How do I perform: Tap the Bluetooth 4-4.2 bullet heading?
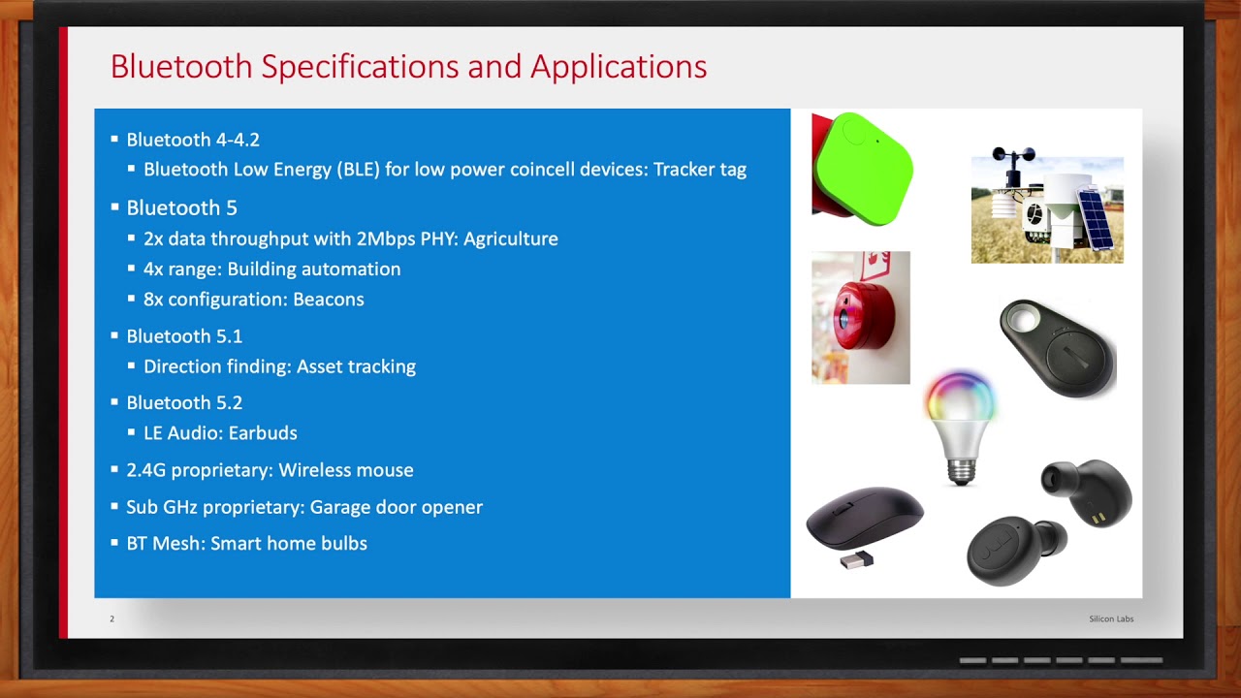click(x=193, y=140)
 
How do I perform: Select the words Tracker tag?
click(x=699, y=170)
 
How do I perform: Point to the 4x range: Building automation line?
click(x=271, y=269)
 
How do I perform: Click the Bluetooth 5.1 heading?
click(x=184, y=335)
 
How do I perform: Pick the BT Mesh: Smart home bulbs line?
click(x=246, y=544)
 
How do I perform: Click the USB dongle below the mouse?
click(x=855, y=559)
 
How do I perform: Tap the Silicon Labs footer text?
click(x=1110, y=619)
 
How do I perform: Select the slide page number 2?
click(x=111, y=619)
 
